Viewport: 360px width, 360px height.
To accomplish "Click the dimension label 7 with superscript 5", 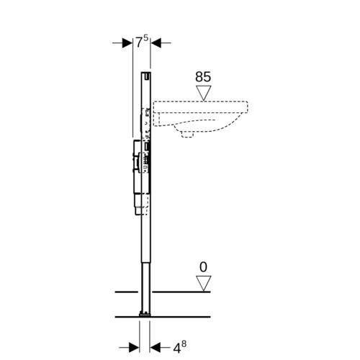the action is (x=142, y=42).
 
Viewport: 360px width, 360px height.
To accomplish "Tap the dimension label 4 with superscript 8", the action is (x=179, y=347).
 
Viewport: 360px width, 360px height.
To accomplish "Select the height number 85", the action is (x=203, y=77).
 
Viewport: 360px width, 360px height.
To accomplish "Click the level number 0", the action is (x=203, y=267).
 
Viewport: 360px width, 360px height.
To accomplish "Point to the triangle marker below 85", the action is (x=204, y=93).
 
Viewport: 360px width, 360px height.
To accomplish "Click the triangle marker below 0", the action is (x=204, y=283).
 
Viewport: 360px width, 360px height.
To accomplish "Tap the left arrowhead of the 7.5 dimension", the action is (x=127, y=43).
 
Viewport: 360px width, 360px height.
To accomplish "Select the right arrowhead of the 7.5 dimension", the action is (x=156, y=43).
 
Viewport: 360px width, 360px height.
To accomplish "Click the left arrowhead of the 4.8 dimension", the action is (x=134, y=347).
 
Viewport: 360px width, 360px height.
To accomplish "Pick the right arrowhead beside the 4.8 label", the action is (x=155, y=347).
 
